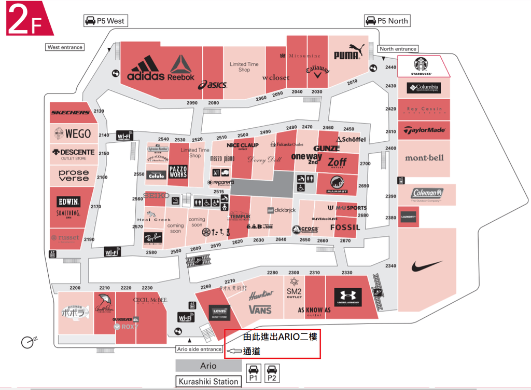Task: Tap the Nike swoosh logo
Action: tap(427, 267)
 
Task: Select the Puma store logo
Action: tap(347, 54)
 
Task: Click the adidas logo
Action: tap(146, 70)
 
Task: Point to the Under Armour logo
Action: tap(347, 297)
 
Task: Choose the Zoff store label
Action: tap(337, 162)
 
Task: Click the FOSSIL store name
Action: tap(344, 227)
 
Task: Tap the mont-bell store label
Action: tap(424, 157)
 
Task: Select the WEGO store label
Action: tap(78, 133)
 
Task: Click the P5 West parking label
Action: tap(106, 21)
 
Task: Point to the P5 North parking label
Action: tap(387, 21)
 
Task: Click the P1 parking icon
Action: tap(253, 373)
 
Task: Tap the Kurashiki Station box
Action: tap(208, 382)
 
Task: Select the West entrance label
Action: tap(65, 47)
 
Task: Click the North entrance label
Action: tap(398, 49)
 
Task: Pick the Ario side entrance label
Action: tap(200, 349)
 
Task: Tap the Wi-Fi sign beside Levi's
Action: tap(186, 317)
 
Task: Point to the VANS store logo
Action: tap(260, 310)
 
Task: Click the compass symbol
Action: tap(28, 342)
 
